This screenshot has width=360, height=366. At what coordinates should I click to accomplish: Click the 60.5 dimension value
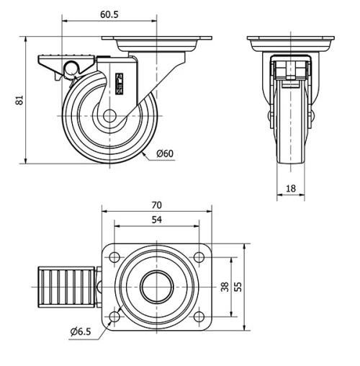pyautogui.click(x=109, y=14)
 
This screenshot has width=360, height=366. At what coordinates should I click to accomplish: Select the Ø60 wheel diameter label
pyautogui.click(x=165, y=153)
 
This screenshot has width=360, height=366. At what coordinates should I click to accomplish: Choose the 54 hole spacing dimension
pyautogui.click(x=156, y=220)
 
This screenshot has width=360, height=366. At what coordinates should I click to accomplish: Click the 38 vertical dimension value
pyautogui.click(x=224, y=287)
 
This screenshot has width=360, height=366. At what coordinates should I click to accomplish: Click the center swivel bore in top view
pyautogui.click(x=156, y=287)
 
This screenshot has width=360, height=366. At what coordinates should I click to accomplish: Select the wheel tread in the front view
pyautogui.click(x=290, y=144)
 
